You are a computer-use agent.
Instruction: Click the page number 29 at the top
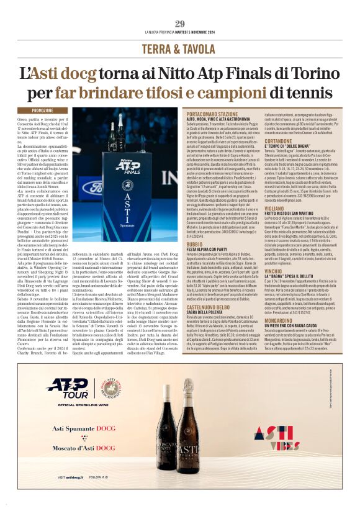pos(179,24)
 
